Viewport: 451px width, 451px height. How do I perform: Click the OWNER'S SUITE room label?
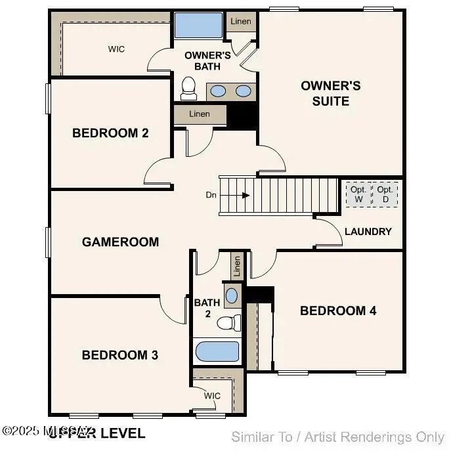[x=330, y=93]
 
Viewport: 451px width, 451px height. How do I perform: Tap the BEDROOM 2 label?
[x=110, y=133]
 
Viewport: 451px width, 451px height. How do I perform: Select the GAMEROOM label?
[x=120, y=242]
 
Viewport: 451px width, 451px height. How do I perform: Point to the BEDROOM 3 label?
[x=119, y=355]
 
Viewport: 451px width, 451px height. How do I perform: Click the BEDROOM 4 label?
[x=338, y=311]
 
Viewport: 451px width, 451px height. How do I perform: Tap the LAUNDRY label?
[x=368, y=232]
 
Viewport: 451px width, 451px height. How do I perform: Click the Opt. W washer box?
[x=358, y=194]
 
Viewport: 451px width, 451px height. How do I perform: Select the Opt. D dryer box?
[x=385, y=194]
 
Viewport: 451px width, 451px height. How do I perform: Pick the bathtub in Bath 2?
[x=217, y=351]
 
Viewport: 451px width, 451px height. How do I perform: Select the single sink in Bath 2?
[x=232, y=295]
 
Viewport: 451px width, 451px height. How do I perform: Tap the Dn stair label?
[x=211, y=195]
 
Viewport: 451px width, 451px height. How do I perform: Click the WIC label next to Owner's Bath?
[x=116, y=49]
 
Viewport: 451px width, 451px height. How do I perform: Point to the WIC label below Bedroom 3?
[x=212, y=396]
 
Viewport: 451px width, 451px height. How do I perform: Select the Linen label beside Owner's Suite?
[x=241, y=21]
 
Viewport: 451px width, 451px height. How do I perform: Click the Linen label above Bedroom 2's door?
[x=200, y=114]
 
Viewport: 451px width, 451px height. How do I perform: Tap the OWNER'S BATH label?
[x=207, y=60]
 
